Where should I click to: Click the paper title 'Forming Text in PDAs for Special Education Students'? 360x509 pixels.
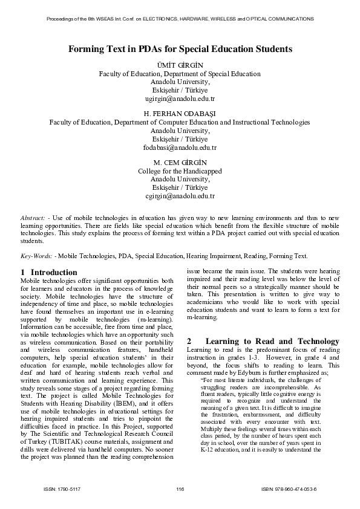click(180, 48)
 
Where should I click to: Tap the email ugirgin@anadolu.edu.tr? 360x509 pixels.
click(180, 98)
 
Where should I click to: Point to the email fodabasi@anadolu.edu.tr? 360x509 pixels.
click(180, 147)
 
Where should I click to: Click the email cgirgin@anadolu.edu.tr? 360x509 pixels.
click(180, 196)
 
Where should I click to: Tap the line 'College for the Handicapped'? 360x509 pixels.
click(180, 171)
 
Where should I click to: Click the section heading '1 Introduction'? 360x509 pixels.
click(49, 273)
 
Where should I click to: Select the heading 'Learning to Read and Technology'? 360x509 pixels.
click(272, 342)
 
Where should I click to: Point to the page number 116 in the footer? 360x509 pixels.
click(180, 488)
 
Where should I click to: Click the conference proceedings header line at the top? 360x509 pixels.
click(180, 19)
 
